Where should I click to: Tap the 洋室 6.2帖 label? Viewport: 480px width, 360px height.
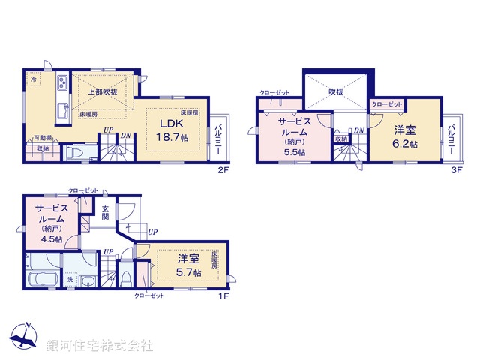pos(405,135)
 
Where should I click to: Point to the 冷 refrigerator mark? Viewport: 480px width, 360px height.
pos(34,77)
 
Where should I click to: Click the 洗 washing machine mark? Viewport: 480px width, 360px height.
pos(70,280)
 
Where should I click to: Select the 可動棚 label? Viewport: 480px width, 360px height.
pos(42,138)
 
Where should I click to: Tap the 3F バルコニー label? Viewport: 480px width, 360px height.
pos(452,140)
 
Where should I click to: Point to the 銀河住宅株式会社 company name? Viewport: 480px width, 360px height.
pos(100,346)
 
